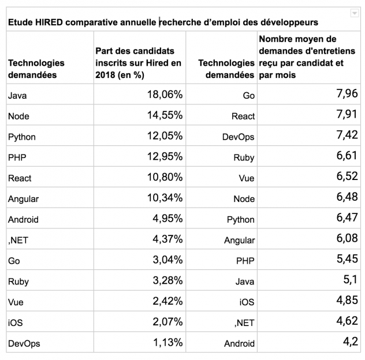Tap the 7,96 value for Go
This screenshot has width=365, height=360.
[346, 95]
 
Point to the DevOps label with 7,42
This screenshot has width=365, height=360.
[238, 137]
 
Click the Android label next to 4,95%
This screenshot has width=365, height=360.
[23, 219]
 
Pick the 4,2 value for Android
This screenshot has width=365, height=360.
[350, 343]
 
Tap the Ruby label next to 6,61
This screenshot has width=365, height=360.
[244, 157]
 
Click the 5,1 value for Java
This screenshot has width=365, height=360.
[350, 281]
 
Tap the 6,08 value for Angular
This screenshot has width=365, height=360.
[346, 239]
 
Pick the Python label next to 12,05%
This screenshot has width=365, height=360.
[22, 137]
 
